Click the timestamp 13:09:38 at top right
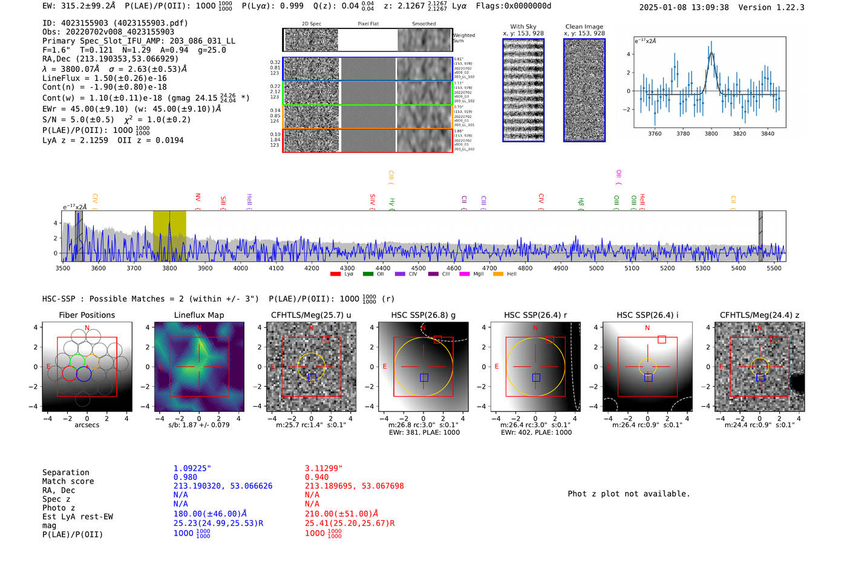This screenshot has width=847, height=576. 708,7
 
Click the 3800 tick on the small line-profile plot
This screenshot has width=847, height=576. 711,134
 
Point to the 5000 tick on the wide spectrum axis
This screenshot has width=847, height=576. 596,268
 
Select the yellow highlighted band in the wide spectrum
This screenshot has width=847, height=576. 169,236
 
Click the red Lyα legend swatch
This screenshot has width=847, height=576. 335,274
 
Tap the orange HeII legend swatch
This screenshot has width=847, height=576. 498,274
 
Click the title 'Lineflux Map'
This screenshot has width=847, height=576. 198,315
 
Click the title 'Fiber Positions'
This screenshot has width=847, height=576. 87,315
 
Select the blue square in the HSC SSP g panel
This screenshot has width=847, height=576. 424,378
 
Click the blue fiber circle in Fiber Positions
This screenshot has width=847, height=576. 83,374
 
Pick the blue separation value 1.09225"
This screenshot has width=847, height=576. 192,468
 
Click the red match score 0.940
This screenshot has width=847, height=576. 316,477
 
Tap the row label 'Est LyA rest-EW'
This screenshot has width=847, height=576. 77,517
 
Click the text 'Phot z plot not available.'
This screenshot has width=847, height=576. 629,494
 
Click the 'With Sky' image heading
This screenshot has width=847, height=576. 523,27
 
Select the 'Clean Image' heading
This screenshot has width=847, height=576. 584,27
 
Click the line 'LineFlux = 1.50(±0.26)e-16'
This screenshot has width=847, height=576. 105,78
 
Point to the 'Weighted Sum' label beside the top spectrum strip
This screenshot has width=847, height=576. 463,37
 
